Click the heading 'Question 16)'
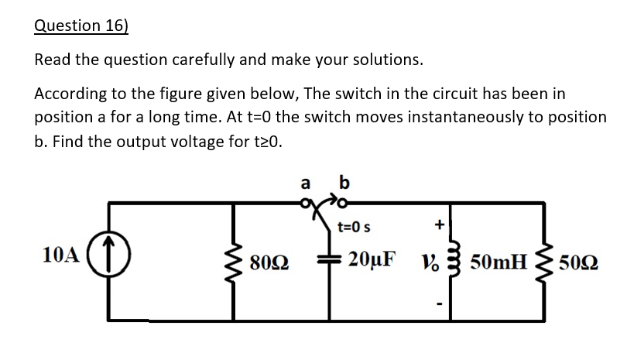(x=81, y=25)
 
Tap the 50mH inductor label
(x=499, y=259)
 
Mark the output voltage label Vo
(x=432, y=259)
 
